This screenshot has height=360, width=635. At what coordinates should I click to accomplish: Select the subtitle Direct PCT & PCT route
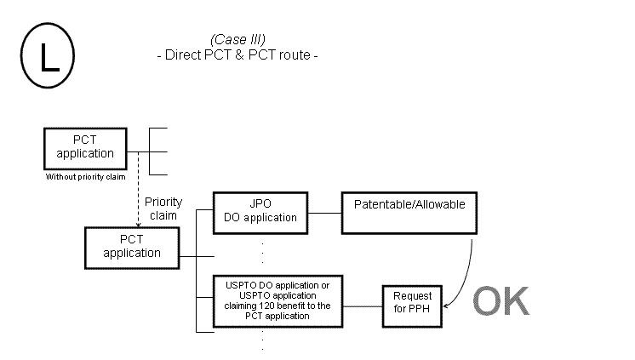coord(237,55)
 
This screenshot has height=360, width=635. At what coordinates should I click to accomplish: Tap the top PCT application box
coord(84,148)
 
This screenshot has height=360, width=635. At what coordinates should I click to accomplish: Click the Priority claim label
coord(163,209)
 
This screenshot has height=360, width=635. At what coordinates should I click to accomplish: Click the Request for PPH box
coord(412,301)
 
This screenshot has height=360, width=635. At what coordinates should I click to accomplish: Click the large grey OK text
coord(501,300)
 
